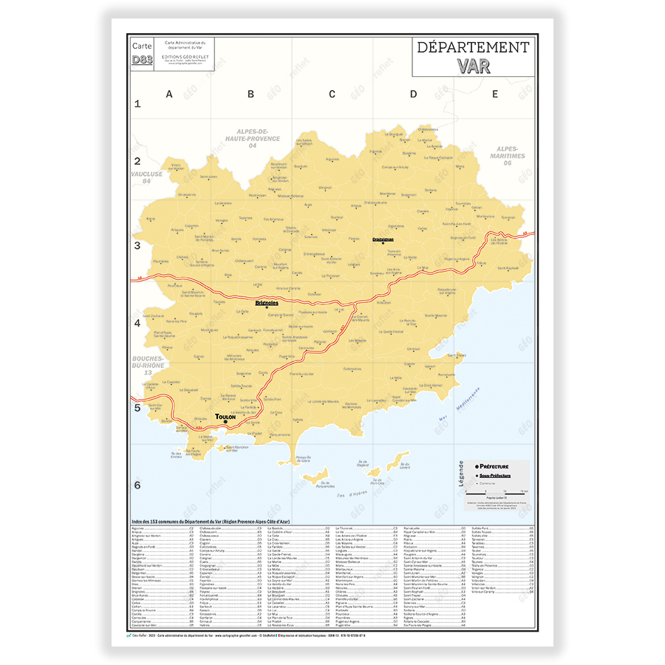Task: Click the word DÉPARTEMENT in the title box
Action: pyautogui.click(x=473, y=47)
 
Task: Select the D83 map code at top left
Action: pyautogui.click(x=142, y=60)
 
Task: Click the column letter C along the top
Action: pyautogui.click(x=332, y=94)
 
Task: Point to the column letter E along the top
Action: pyautogui.click(x=495, y=94)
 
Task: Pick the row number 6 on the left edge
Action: pyautogui.click(x=137, y=485)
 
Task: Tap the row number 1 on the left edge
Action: pyautogui.click(x=137, y=104)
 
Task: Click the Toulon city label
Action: pyautogui.click(x=225, y=417)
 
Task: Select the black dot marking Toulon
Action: pyautogui.click(x=225, y=423)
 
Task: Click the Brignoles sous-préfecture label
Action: pyautogui.click(x=267, y=302)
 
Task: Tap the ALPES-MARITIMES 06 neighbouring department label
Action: pyautogui.click(x=508, y=152)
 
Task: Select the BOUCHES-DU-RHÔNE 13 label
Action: pyautogui.click(x=148, y=366)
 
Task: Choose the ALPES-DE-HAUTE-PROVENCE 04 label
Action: pyautogui.click(x=253, y=137)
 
